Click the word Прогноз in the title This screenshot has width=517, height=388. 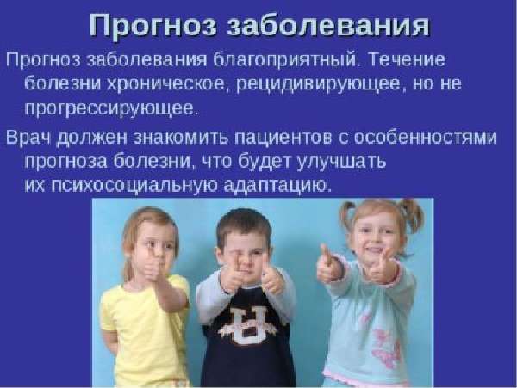point(153,26)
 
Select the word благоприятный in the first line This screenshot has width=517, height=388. point(285,61)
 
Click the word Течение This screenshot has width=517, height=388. point(407,59)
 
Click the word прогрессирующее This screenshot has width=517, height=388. point(111,109)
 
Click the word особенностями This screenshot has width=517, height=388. point(426,137)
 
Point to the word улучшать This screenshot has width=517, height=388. point(341,162)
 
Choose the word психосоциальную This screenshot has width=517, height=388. point(134,186)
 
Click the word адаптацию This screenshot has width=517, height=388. point(277,187)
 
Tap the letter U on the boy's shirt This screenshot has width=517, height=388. point(247,325)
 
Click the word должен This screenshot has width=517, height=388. point(92,138)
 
